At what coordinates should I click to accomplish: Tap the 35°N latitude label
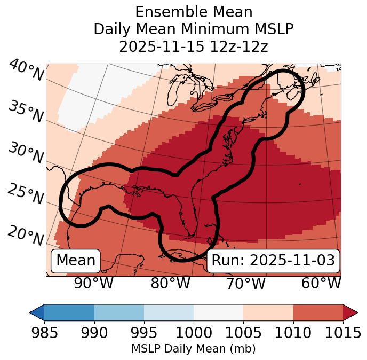(x=26, y=112)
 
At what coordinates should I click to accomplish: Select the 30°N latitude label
(x=26, y=153)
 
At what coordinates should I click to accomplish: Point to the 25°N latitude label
(x=26, y=194)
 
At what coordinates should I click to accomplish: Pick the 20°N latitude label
(x=26, y=236)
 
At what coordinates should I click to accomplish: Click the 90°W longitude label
(x=94, y=283)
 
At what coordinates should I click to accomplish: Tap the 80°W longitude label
(x=170, y=283)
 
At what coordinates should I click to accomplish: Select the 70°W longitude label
(x=245, y=283)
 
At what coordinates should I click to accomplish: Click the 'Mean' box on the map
(x=76, y=261)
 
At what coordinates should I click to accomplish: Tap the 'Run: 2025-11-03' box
(x=273, y=261)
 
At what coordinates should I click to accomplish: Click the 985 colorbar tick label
(x=44, y=333)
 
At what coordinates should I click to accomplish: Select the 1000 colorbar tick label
(x=194, y=333)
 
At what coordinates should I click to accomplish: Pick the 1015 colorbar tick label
(x=342, y=333)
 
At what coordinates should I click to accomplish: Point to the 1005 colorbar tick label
(x=243, y=333)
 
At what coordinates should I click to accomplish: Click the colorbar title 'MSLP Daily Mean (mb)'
(x=193, y=349)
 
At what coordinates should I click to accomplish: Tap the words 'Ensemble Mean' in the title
(x=193, y=12)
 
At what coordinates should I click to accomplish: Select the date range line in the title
(x=193, y=46)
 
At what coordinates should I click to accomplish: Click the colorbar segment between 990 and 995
(x=119, y=312)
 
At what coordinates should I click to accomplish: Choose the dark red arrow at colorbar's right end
(x=350, y=312)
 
